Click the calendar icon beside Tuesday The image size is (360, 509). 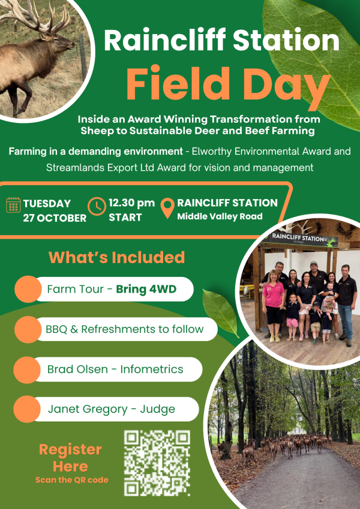pos(13,205)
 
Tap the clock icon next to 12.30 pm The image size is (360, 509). pos(97,206)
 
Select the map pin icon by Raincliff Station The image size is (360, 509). pos(167,208)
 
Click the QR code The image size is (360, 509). pos(157,463)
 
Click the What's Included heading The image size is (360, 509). pos(116,257)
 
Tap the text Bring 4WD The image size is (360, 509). pos(146,289)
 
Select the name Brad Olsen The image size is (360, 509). pos(77,369)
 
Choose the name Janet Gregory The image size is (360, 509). pos(88,409)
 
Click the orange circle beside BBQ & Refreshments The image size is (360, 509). pos(28,330)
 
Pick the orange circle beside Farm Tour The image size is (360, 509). pos(28,289)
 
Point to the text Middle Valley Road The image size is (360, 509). pos(220,216)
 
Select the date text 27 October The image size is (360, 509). pos(55,218)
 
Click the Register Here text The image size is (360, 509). pos(71,458)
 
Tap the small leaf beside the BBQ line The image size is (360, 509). pos(221,312)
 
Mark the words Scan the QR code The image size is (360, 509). pos(72,480)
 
